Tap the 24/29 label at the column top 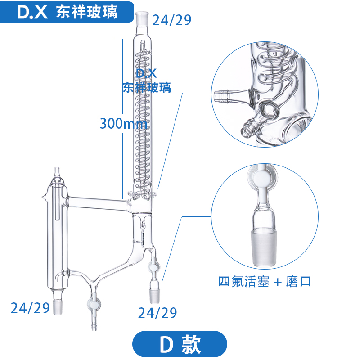(x=172, y=20)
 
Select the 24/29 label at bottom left (x=30, y=308)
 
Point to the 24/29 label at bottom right (x=157, y=312)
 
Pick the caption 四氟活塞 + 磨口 (x=265, y=282)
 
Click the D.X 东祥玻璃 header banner (x=67, y=12)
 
